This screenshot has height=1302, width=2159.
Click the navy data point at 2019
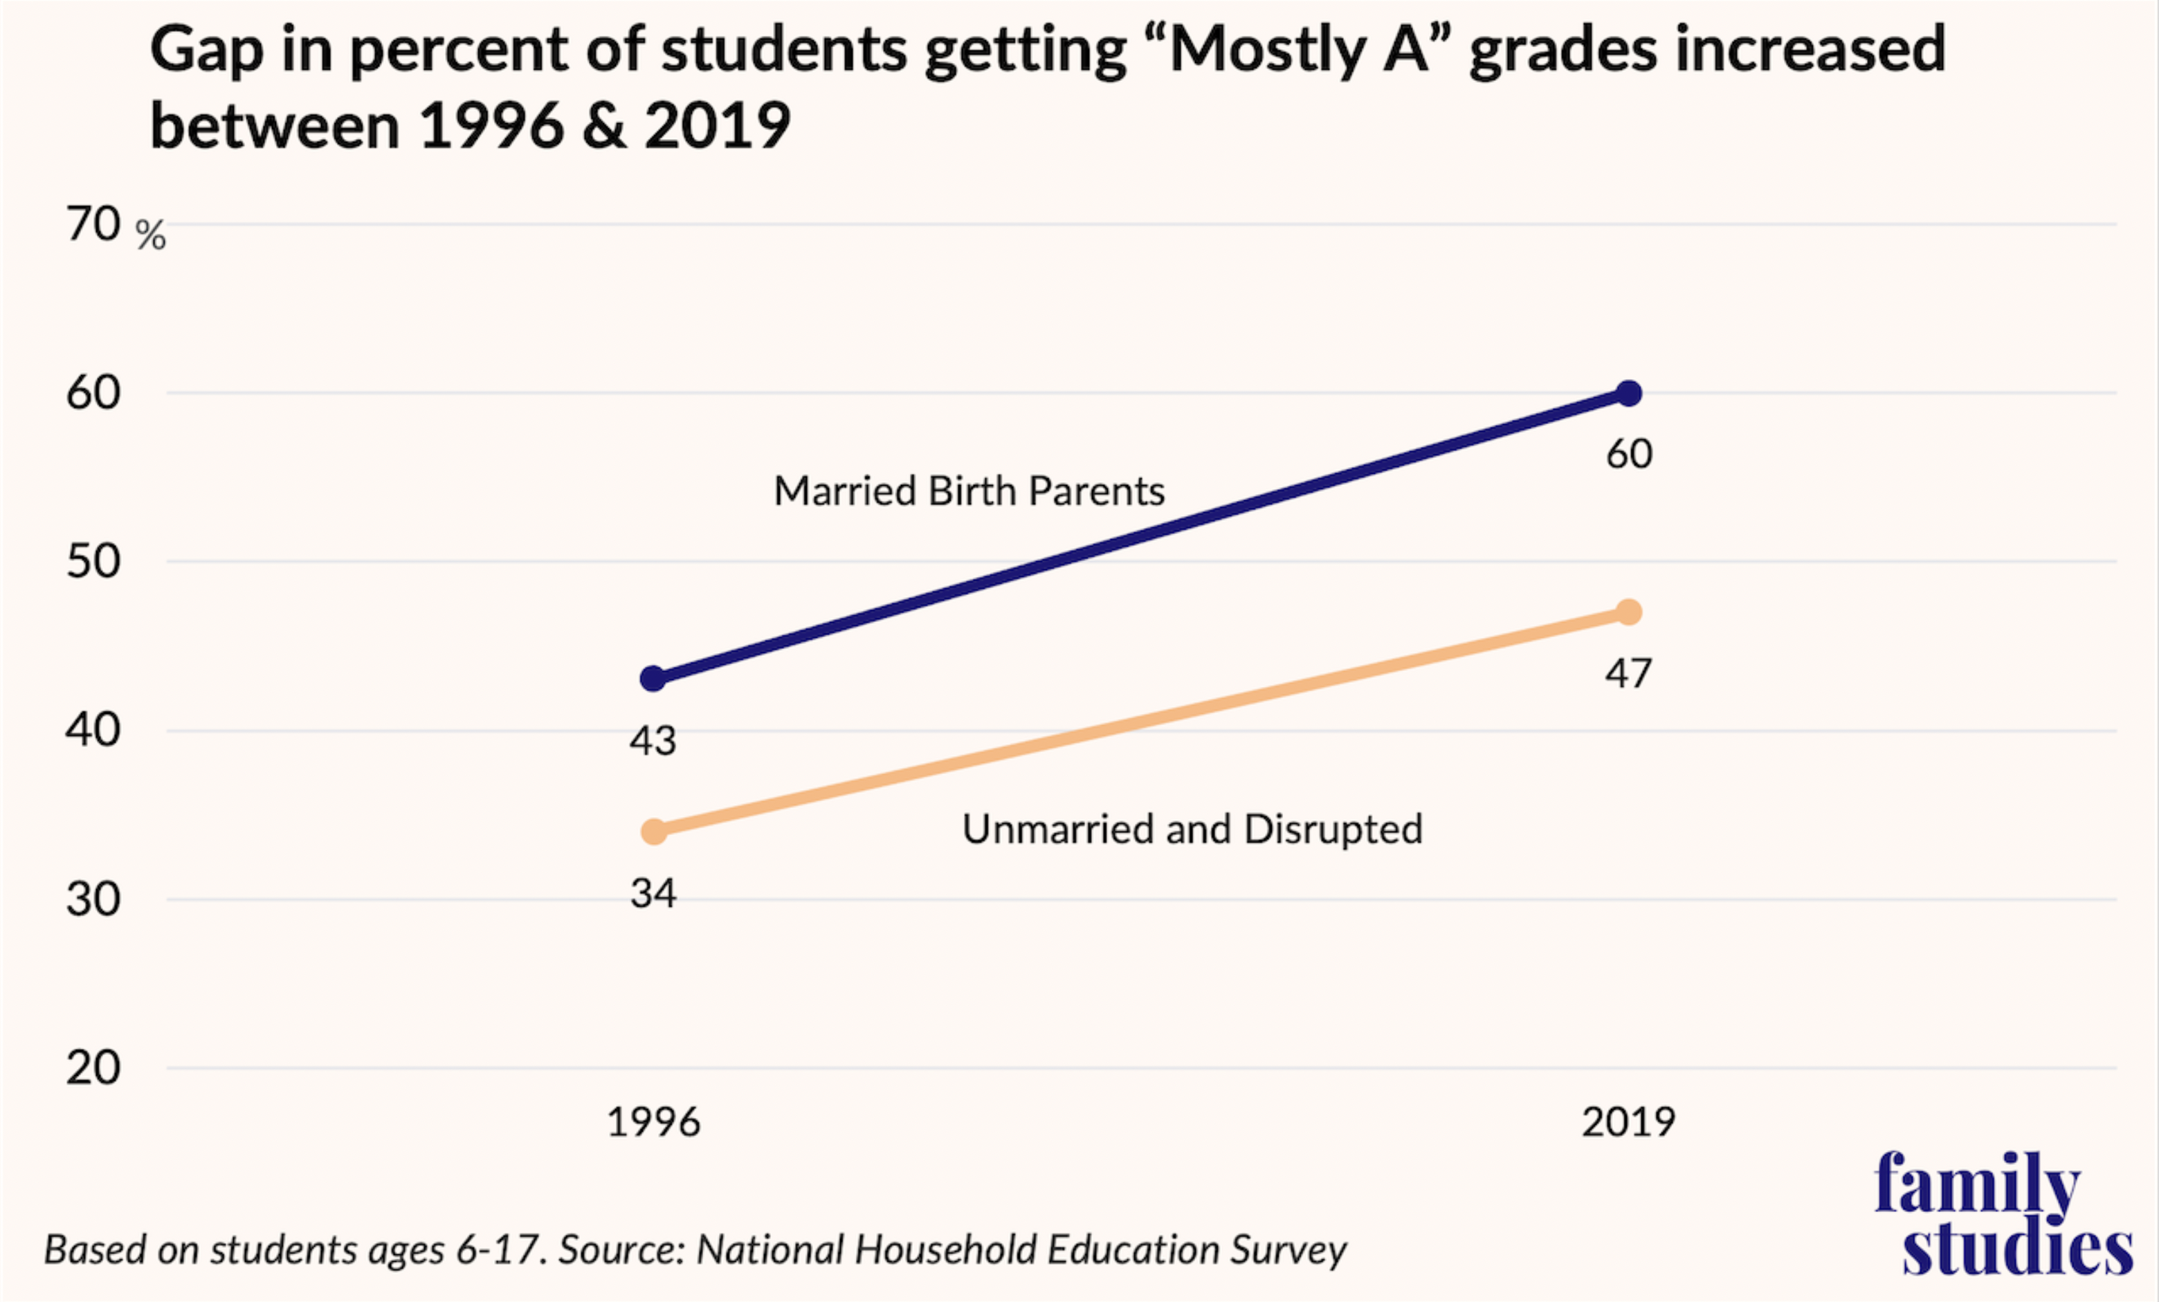point(1628,394)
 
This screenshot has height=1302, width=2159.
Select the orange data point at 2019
point(1628,612)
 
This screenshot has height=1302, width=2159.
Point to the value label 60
point(1629,454)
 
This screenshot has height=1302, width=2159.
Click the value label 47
point(1628,674)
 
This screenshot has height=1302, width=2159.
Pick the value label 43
point(653,741)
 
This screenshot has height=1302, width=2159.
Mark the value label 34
point(653,894)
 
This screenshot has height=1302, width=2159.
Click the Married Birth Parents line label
point(969,490)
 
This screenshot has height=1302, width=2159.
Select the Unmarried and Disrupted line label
point(1192,829)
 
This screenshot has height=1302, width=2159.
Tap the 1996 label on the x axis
point(653,1122)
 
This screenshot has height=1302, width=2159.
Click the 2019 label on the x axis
point(1628,1122)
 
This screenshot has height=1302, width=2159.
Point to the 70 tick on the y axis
point(93,224)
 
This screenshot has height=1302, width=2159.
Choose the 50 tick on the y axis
point(93,562)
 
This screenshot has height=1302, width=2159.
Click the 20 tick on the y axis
point(93,1068)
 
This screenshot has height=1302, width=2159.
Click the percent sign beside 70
point(151,235)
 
